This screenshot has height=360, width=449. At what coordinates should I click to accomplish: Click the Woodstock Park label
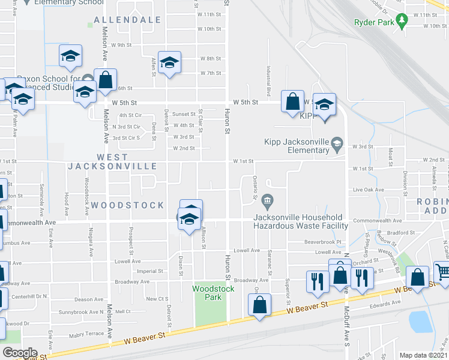(205, 292)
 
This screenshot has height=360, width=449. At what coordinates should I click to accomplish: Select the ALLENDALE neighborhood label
(127, 20)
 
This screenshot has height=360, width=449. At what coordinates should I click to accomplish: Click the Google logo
(20, 352)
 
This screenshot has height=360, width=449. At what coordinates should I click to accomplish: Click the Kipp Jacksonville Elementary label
(298, 146)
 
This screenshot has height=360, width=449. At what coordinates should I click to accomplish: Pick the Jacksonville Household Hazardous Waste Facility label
(301, 221)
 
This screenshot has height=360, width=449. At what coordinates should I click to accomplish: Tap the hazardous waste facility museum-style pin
(268, 200)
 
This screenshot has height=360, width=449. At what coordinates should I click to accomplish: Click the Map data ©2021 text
(423, 355)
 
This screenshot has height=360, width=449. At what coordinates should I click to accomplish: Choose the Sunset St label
(184, 114)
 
